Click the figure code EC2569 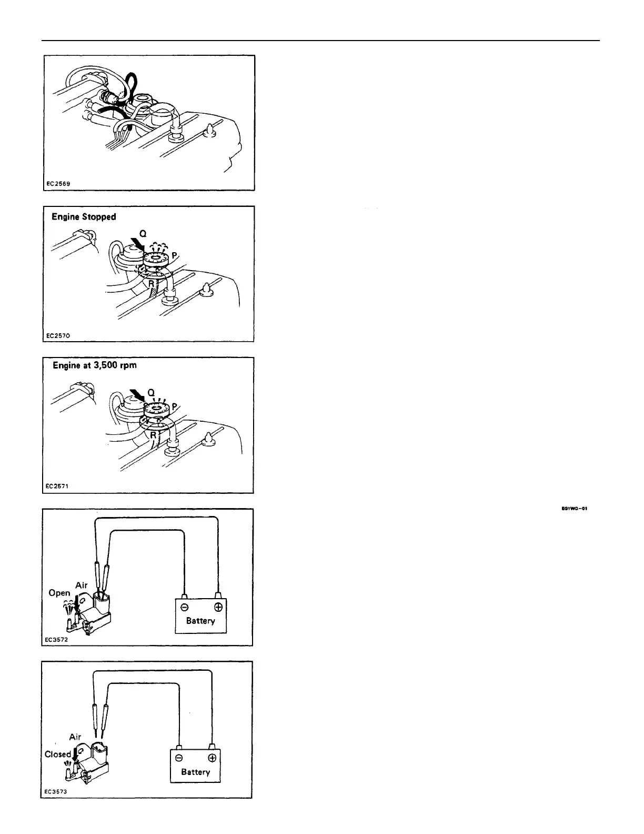[58, 184]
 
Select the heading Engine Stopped [84, 217]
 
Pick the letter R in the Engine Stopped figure [151, 284]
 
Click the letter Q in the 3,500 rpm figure [150, 392]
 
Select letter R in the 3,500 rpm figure [153, 435]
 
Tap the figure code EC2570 [58, 335]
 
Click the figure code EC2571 [58, 486]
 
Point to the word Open [59, 593]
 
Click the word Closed [58, 754]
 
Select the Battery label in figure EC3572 [200, 621]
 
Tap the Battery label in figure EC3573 [195, 772]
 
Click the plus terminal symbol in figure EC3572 [218, 607]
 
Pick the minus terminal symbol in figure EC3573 [178, 758]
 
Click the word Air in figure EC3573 [75, 737]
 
